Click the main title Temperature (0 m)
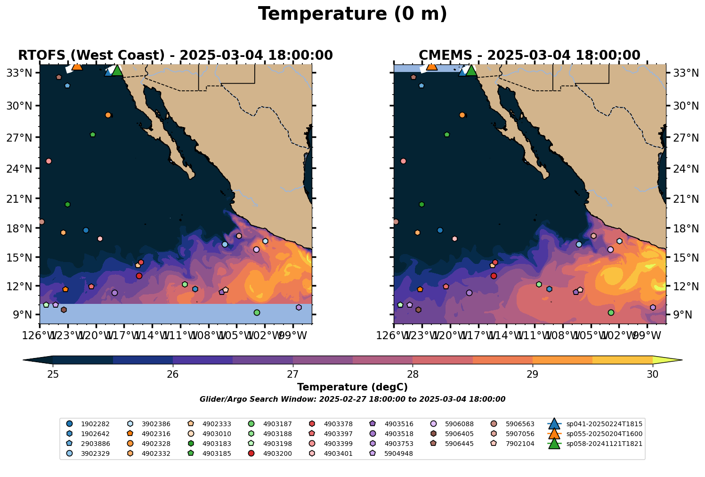pyautogui.click(x=352, y=14)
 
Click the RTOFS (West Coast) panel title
pyautogui.click(x=175, y=56)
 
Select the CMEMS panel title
pyautogui.click(x=529, y=56)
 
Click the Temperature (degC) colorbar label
pyautogui.click(x=352, y=387)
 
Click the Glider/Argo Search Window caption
pyautogui.click(x=352, y=399)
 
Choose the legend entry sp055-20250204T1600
pyautogui.click(x=604, y=434)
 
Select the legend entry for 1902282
pyautogui.click(x=91, y=424)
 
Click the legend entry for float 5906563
pyautogui.click(x=520, y=424)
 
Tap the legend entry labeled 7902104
pyautogui.click(x=520, y=444)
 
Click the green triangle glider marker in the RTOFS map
pyautogui.click(x=117, y=71)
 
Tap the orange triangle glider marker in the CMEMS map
pyautogui.click(x=431, y=66)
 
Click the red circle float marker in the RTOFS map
pyautogui.click(x=139, y=276)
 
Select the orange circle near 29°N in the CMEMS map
pyautogui.click(x=462, y=115)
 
